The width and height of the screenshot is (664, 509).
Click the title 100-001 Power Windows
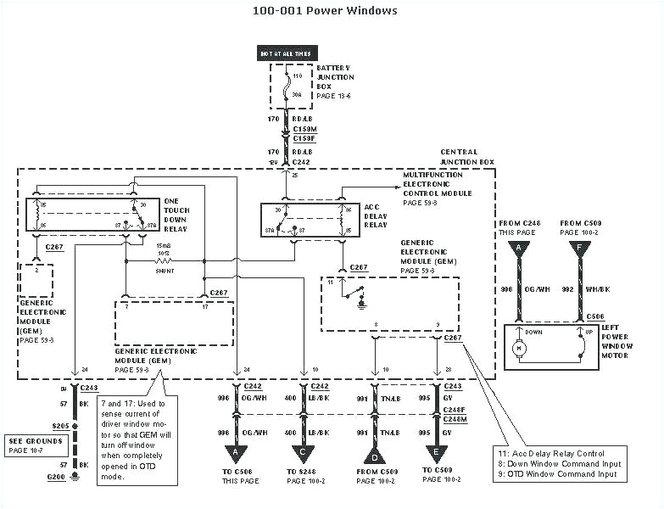click(x=325, y=11)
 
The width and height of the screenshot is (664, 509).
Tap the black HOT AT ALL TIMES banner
click(x=285, y=53)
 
